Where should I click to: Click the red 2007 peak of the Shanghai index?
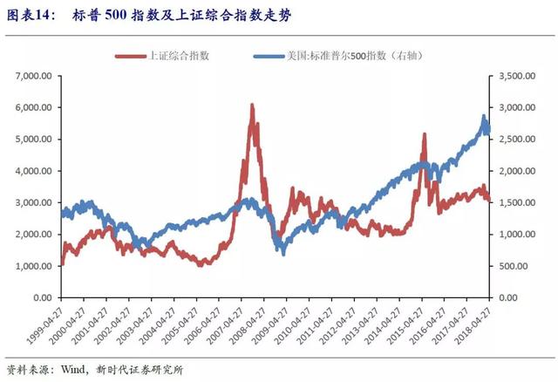coord(252,106)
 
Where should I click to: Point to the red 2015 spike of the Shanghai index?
coord(425,135)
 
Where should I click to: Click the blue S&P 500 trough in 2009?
coord(282,252)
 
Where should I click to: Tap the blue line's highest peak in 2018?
coord(484,116)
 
